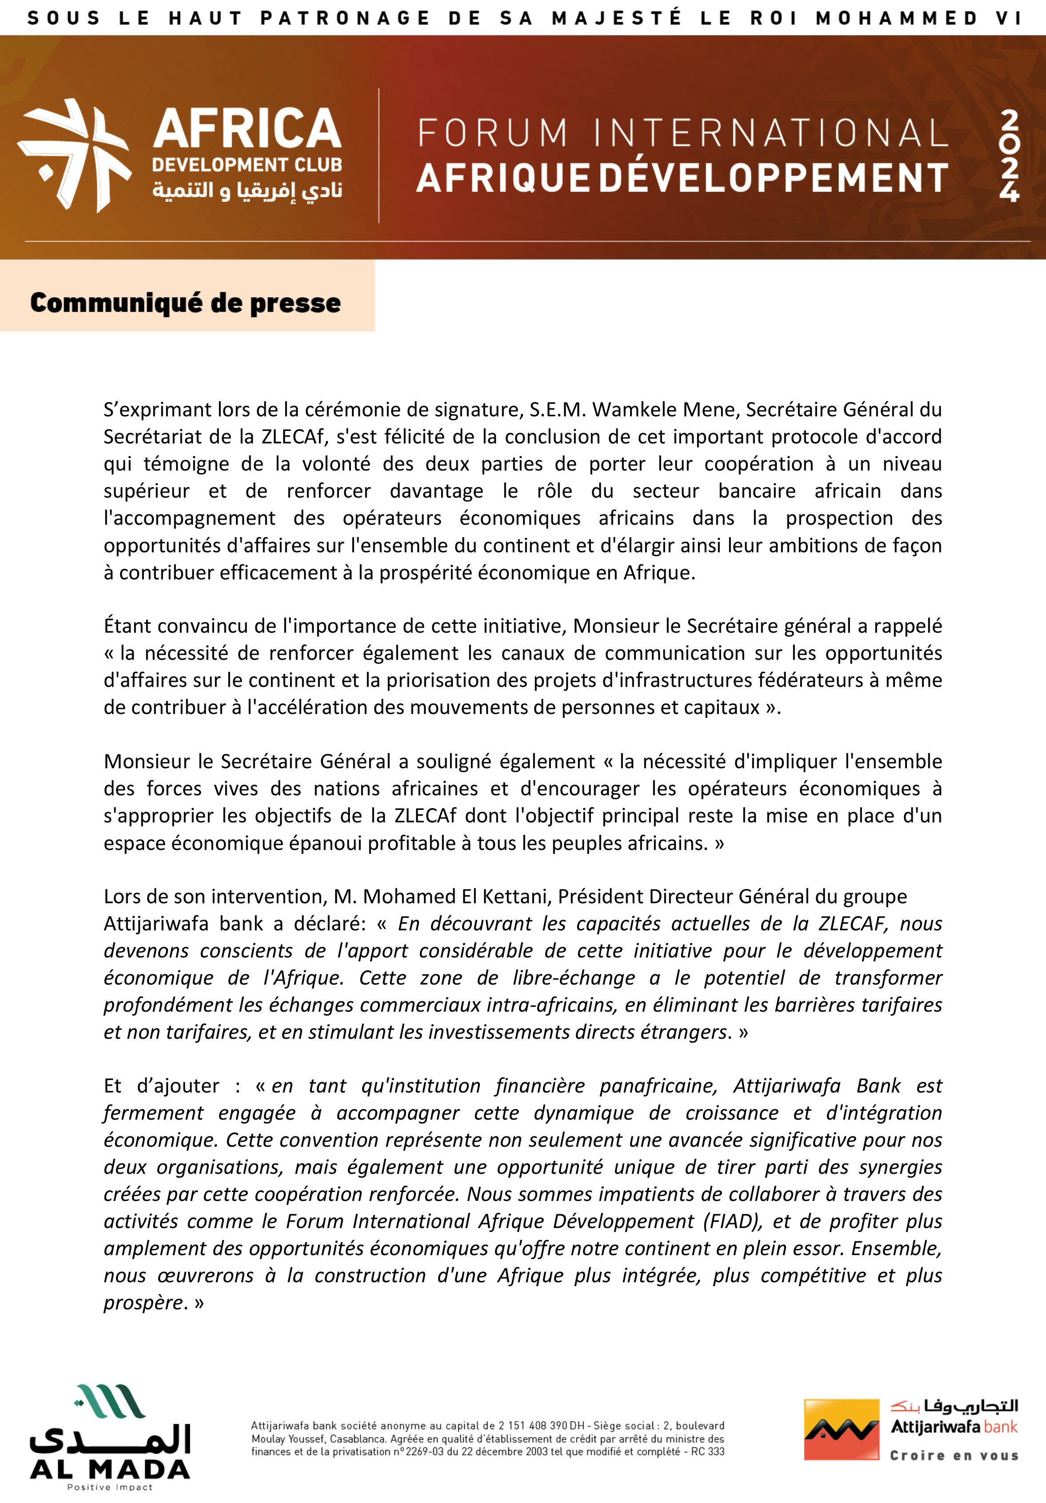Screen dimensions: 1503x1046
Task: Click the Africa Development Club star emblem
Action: (74, 155)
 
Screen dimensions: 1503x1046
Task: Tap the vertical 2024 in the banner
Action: (1009, 156)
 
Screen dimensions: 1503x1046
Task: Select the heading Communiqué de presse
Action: (185, 303)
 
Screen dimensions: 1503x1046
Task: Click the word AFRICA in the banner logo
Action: (247, 128)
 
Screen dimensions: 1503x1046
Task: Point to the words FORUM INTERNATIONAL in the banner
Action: (683, 133)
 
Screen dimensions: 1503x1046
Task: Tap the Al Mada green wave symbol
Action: (109, 1400)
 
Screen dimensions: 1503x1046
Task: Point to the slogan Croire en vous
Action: (954, 1474)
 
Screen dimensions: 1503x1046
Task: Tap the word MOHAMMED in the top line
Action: (896, 18)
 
